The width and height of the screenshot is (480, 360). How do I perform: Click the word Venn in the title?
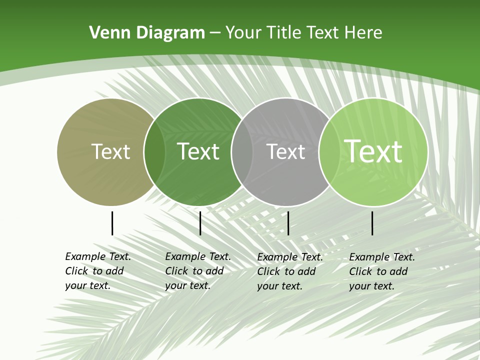point(107,33)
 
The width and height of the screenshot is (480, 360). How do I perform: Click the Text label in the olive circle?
point(110,151)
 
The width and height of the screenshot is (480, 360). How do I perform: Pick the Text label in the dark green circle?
point(198,151)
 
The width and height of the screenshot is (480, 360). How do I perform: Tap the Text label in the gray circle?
point(286,151)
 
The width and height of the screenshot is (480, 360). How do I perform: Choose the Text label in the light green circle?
point(373,151)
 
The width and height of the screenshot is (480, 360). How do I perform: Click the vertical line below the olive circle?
point(112,223)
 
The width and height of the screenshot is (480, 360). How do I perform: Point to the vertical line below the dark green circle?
point(200,223)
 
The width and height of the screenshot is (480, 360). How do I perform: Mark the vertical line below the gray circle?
point(288,223)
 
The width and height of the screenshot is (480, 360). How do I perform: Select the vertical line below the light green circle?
point(372,223)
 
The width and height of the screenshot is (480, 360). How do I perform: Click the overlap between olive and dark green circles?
point(154,151)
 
